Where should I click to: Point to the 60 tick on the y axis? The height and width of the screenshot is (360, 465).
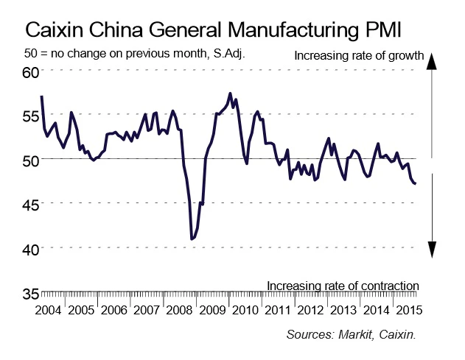point(30,72)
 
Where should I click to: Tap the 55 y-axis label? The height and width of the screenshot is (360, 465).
point(30,116)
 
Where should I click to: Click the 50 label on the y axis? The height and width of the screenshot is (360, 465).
point(30,160)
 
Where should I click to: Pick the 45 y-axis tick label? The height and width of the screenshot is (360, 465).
point(30,205)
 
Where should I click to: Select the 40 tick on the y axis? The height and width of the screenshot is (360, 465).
point(30,249)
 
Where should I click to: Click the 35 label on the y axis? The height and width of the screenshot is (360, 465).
point(30,293)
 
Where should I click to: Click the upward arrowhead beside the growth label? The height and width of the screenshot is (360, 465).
point(434,61)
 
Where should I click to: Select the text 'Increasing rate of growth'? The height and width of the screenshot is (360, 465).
point(358,55)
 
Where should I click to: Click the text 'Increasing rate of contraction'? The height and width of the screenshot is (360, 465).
point(343,285)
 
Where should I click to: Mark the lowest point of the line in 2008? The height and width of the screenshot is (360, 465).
point(192,239)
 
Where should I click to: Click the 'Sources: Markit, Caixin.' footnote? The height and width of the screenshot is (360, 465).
point(352,335)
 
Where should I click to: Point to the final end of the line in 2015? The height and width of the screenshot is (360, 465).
point(416,183)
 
